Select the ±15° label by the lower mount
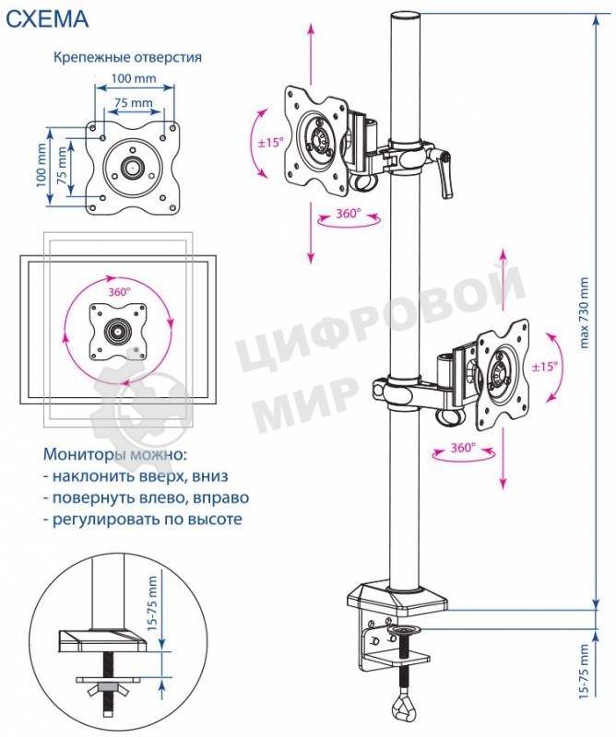[545, 366]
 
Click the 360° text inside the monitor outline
[118, 290]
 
